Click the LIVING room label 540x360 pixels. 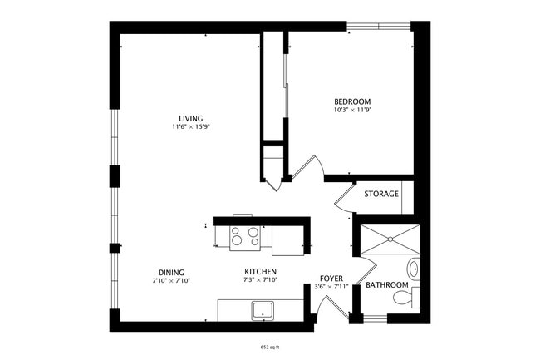[189, 118]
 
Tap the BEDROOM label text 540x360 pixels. [352, 101]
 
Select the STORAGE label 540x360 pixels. [381, 194]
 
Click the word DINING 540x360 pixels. [171, 272]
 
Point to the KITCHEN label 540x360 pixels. [260, 272]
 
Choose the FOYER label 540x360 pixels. [331, 279]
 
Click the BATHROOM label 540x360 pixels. [387, 285]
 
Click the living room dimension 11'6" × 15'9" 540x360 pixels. [189, 127]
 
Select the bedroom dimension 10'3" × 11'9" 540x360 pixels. [352, 110]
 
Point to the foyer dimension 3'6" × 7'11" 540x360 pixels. [331, 288]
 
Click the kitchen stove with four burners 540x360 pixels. [245, 237]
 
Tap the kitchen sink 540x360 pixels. [264, 310]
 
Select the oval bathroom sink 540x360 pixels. [413, 269]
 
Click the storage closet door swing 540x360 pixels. [344, 200]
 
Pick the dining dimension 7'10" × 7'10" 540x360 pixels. [171, 281]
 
